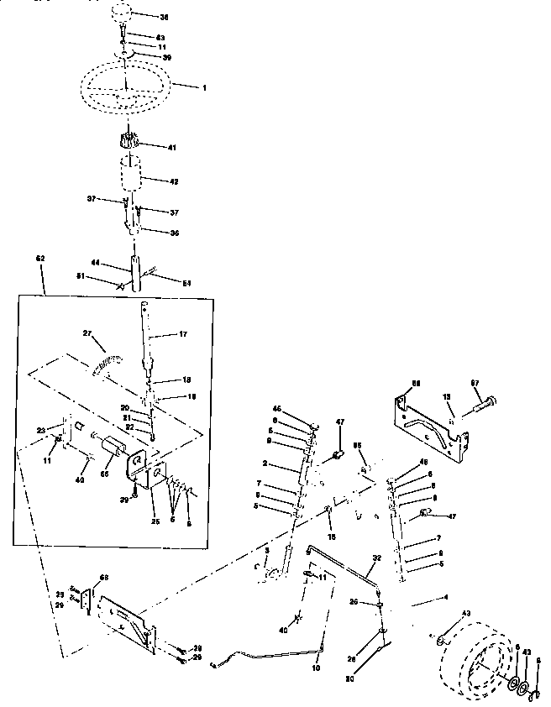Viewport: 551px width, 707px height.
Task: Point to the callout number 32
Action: point(376,557)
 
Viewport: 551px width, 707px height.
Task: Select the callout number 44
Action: point(96,263)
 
